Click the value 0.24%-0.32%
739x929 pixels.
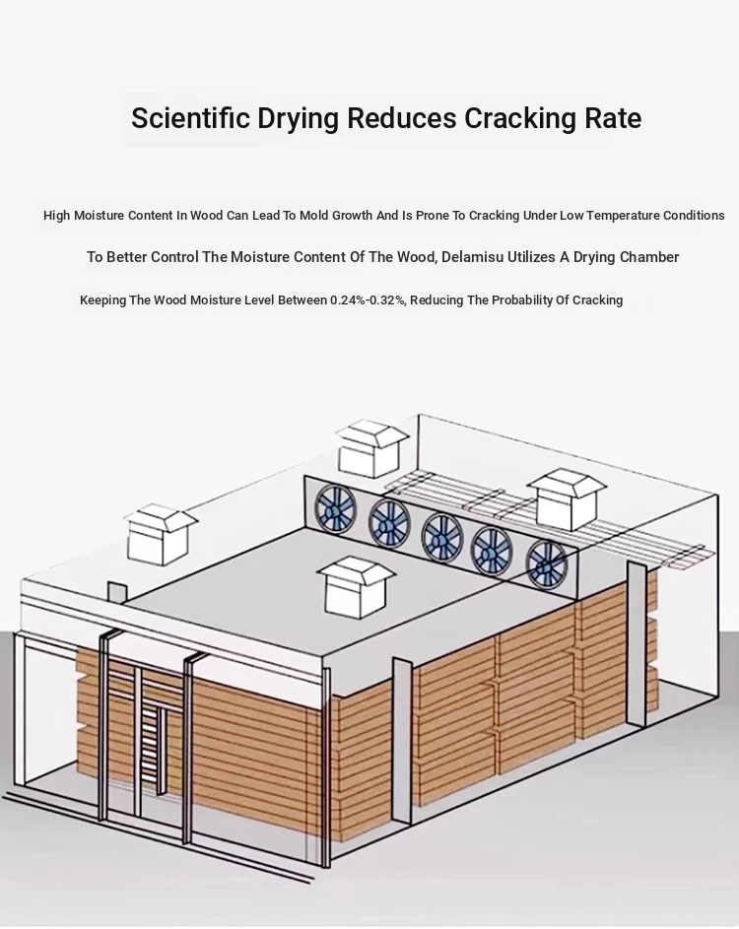pos(368,299)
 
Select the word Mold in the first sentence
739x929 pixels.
pos(313,215)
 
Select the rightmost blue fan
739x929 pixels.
pos(547,564)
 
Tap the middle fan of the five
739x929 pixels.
pos(442,538)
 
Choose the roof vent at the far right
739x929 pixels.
pos(568,499)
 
